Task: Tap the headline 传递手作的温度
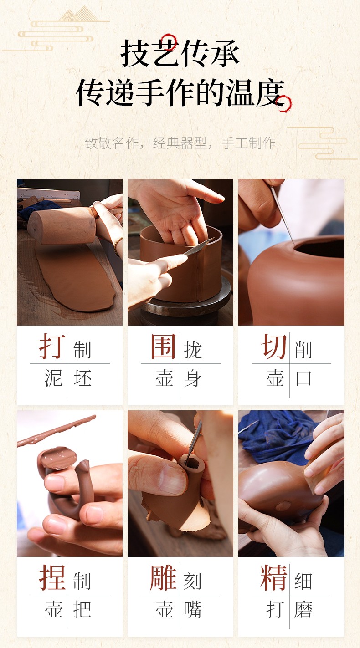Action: coord(180,92)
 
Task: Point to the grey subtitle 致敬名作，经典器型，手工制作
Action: coord(180,143)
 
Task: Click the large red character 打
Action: coord(52,346)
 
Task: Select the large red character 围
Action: coord(163,346)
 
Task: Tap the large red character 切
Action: coord(274,346)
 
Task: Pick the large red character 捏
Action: coord(52,577)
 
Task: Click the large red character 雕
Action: coord(163,577)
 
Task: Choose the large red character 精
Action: coord(274,577)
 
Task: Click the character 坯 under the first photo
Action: coord(82,378)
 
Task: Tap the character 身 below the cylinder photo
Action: coord(193,378)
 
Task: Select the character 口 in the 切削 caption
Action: coord(303,378)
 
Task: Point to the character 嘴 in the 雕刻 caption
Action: coord(193,609)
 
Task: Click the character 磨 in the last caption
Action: coord(303,609)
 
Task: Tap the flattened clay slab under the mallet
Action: coord(75,278)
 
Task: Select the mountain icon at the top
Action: coord(79,15)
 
